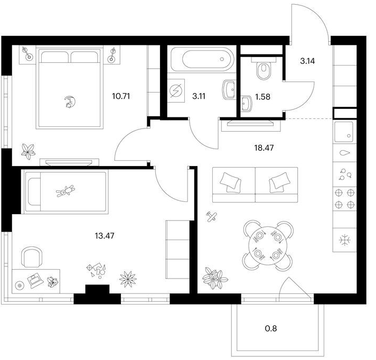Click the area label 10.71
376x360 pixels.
(x=121, y=97)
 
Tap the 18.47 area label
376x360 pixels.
(x=264, y=148)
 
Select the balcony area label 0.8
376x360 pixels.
(x=271, y=328)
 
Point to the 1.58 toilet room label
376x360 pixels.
(x=262, y=97)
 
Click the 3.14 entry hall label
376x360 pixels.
(x=307, y=61)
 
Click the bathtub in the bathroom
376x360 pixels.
(x=202, y=59)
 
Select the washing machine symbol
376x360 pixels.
(x=176, y=91)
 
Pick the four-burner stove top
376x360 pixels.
(x=345, y=199)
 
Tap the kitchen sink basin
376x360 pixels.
(x=344, y=132)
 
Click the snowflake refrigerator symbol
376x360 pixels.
(x=344, y=240)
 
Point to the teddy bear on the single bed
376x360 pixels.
(x=65, y=191)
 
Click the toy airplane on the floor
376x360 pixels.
(x=212, y=217)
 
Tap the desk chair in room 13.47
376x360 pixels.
(x=32, y=257)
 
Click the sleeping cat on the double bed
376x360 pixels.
(x=71, y=101)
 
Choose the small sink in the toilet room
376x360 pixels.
(x=246, y=104)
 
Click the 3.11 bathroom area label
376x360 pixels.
(x=199, y=97)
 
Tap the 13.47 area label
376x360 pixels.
(x=105, y=236)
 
